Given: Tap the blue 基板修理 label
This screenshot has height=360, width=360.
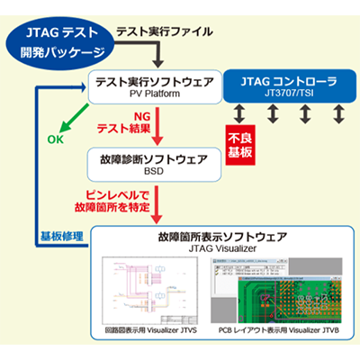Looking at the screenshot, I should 58,236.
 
